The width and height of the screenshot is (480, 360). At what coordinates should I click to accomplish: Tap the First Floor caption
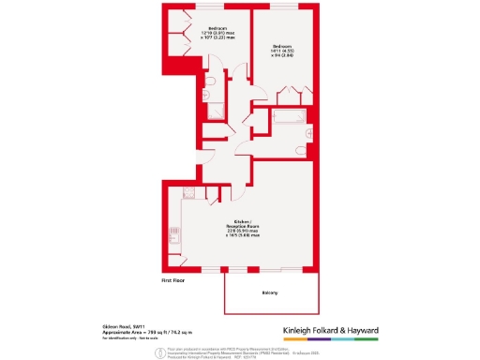(173, 279)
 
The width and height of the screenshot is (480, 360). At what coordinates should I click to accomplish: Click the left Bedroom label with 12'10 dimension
(216, 34)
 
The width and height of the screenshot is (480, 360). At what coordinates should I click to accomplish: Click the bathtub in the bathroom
(282, 118)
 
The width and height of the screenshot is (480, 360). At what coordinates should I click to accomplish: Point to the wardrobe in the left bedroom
(175, 42)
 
